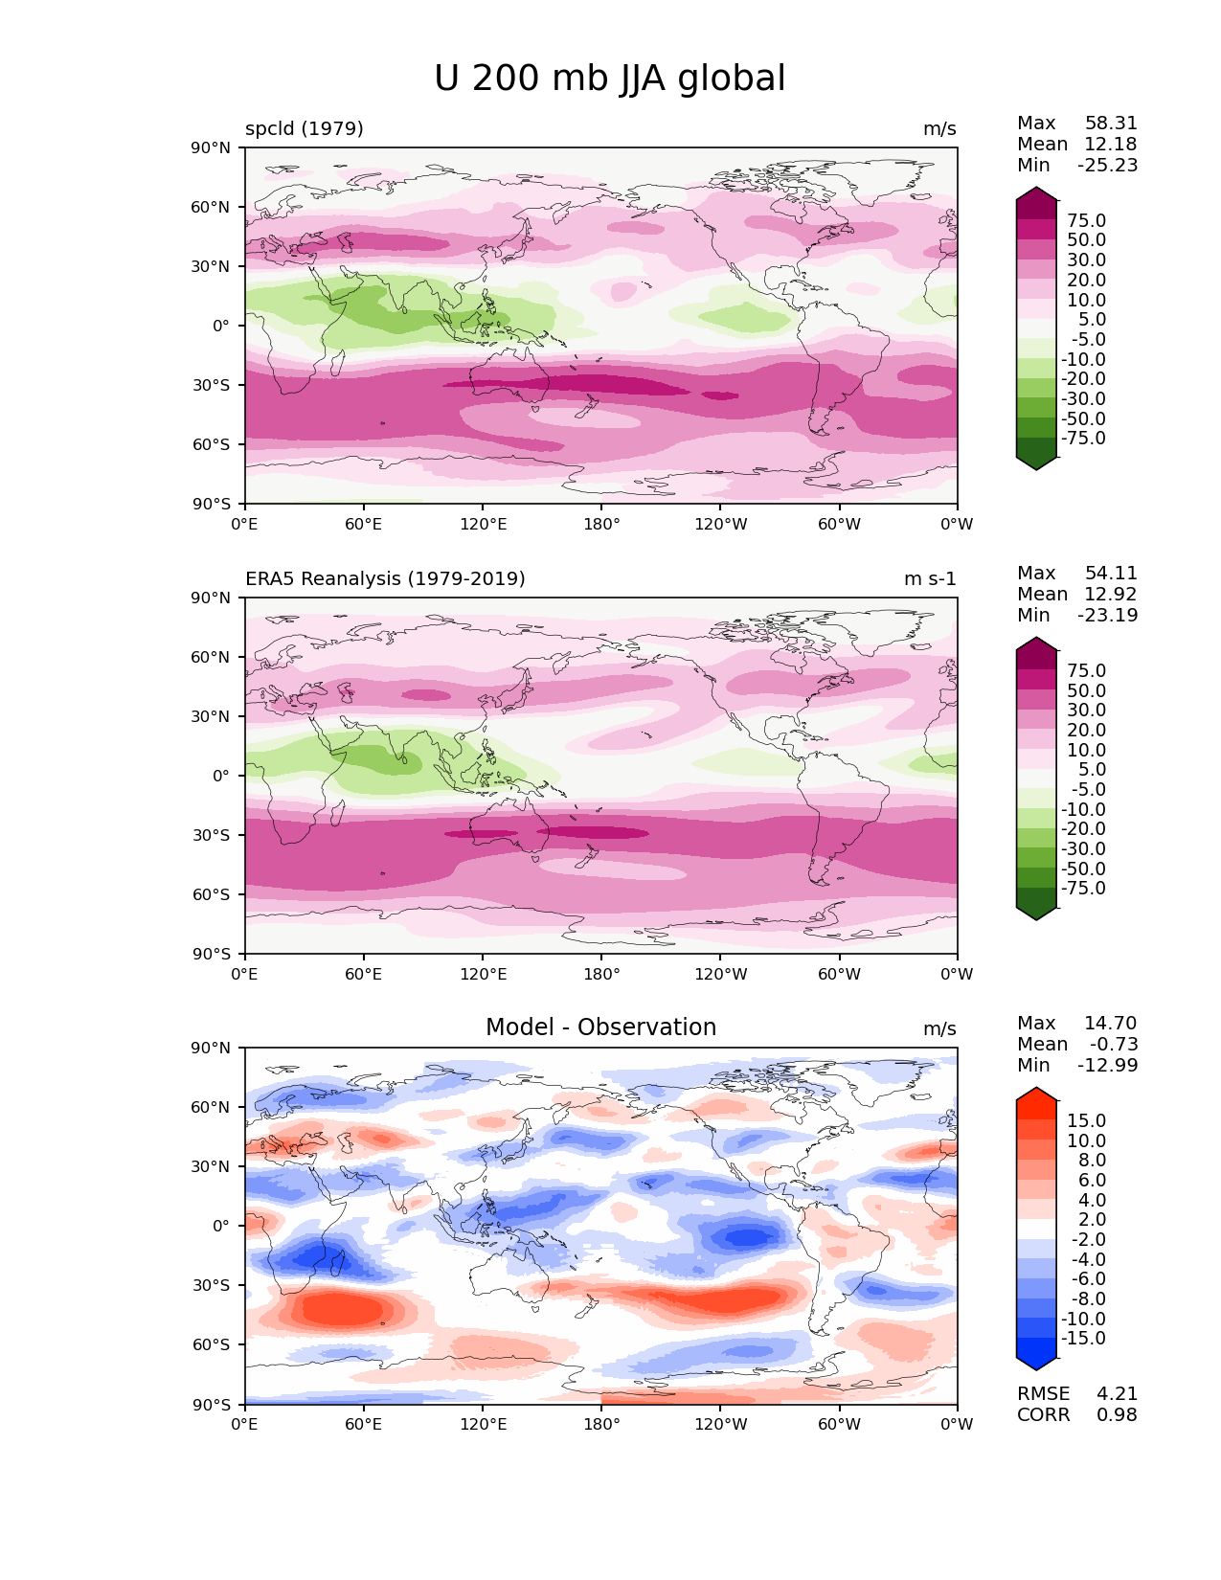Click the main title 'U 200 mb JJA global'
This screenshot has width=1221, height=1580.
point(609,79)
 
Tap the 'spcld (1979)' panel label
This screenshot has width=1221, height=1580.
point(304,129)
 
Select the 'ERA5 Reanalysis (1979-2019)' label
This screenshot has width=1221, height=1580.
point(385,579)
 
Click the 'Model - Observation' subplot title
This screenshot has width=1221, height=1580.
point(600,1027)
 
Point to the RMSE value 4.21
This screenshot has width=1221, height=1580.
point(1117,1394)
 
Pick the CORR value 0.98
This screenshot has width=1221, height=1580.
point(1117,1415)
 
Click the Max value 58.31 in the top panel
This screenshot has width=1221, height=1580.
point(1111,124)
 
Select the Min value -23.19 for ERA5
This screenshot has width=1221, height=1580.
point(1108,616)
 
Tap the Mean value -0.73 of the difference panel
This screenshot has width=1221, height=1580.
point(1114,1045)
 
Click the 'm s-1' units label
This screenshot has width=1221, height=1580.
point(930,579)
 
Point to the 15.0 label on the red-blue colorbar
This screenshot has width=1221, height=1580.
point(1086,1121)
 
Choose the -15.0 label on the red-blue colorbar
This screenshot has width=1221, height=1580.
point(1083,1339)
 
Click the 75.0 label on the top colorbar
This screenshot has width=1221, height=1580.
point(1086,221)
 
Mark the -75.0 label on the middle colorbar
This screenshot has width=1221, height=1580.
point(1083,889)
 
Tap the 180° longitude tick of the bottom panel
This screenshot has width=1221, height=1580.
point(601,1425)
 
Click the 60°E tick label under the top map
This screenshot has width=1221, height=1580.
point(364,525)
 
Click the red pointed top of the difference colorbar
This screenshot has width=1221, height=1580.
point(1036,1094)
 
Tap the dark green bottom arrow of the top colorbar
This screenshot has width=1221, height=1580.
point(1036,462)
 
